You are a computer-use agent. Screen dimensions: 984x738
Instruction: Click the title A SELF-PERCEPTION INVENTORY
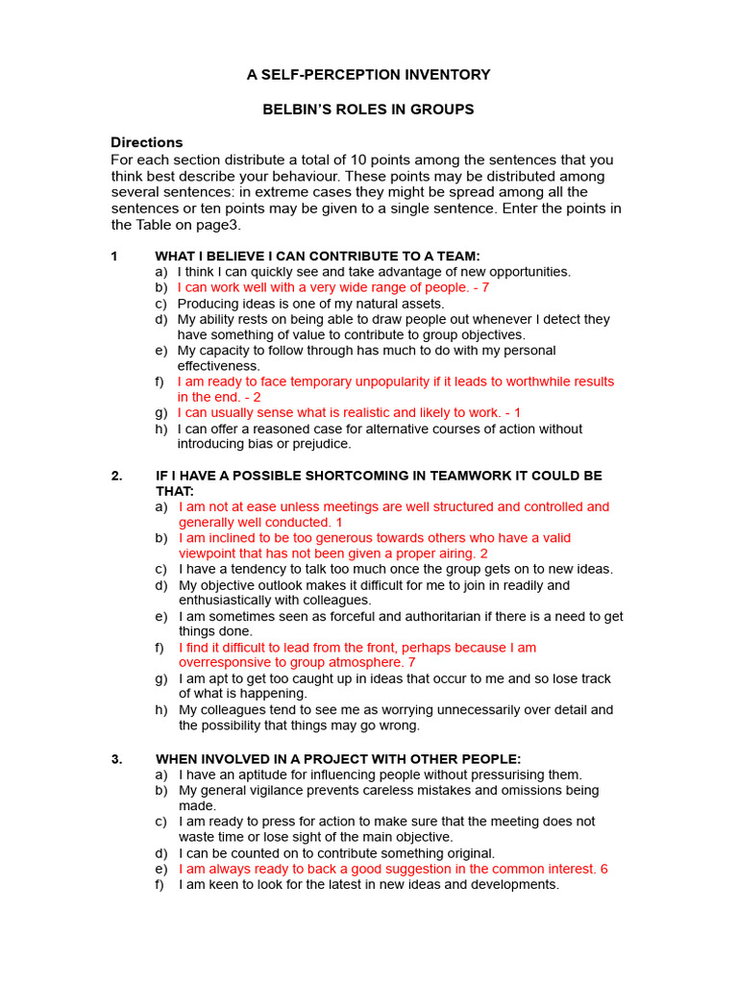(368, 74)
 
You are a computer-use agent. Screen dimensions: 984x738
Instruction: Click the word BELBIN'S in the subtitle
(296, 110)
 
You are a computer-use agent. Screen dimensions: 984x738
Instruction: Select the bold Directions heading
(146, 142)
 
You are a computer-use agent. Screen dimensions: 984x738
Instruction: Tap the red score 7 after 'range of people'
(485, 287)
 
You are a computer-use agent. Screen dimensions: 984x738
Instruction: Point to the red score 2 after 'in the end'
(257, 397)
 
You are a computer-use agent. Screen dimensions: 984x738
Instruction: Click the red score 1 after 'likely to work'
(517, 412)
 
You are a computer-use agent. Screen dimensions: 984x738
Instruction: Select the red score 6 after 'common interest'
(603, 869)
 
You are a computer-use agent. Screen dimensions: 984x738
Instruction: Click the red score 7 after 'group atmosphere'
(411, 662)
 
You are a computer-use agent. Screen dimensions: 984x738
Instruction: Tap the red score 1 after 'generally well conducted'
(339, 522)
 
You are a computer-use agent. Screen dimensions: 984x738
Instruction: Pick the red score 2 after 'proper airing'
(483, 553)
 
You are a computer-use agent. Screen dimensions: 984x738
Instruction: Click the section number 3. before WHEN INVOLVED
(116, 758)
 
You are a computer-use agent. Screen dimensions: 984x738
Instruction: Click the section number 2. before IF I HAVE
(116, 476)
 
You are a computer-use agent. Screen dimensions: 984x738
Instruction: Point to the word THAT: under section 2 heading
(175, 491)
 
